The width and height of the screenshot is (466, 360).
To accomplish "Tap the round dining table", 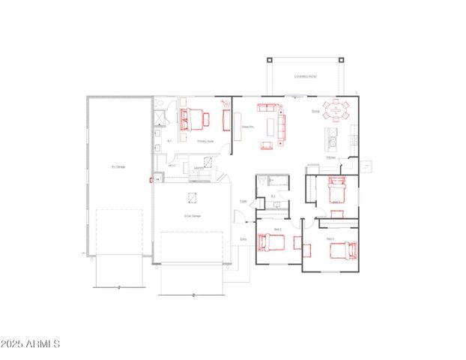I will (336, 111).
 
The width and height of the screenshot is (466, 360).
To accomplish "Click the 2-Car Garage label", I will (192, 216).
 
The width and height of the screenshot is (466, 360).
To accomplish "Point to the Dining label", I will (315, 112).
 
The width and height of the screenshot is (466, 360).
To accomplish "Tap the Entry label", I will (243, 239).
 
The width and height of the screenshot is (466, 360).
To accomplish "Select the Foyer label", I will (243, 201).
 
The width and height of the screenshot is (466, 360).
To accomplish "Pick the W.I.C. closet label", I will (172, 166).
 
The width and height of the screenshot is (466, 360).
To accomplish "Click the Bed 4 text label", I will (330, 238).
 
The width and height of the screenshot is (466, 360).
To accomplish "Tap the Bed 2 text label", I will (276, 229).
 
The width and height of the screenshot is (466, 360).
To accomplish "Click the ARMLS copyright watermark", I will (31, 343).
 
